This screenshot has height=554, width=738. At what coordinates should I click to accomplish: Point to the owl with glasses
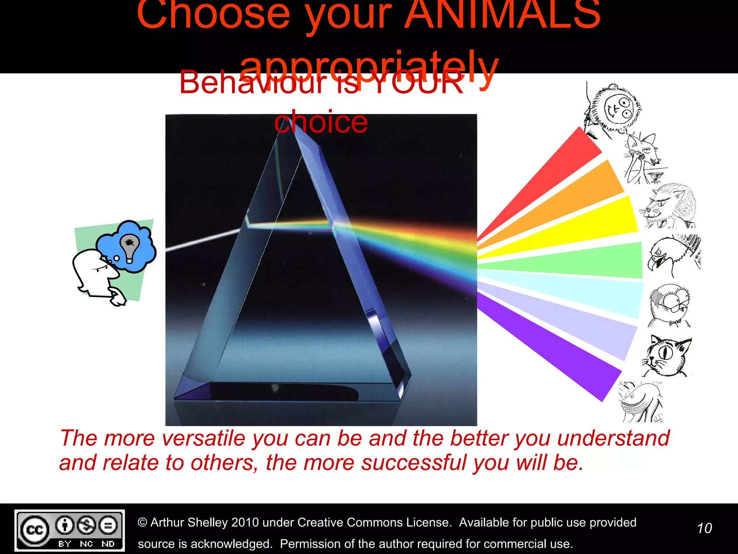(670, 305)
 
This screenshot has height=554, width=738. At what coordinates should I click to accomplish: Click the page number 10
(704, 528)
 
